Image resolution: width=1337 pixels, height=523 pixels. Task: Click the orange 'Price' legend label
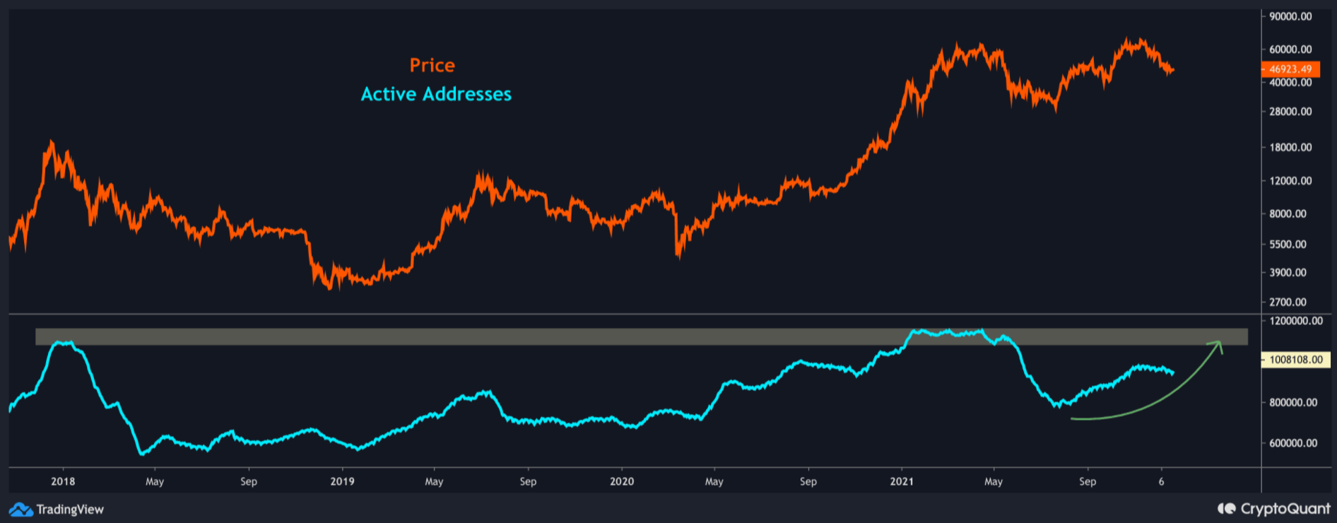coord(432,66)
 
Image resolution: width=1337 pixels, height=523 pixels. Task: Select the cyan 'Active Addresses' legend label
coord(436,95)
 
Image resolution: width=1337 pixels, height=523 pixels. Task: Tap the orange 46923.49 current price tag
coord(1290,69)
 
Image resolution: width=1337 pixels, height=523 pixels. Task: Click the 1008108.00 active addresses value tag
coord(1295,360)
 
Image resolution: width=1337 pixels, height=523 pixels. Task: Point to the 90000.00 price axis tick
coord(1290,16)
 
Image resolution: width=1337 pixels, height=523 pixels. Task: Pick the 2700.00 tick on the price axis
coord(1288,302)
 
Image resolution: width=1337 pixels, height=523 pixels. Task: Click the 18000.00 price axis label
coord(1290,147)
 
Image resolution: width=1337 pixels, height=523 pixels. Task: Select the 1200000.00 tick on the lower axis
coord(1295,321)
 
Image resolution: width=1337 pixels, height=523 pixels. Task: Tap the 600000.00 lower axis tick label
coord(1293,443)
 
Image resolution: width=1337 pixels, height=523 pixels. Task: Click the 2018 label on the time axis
coord(63,481)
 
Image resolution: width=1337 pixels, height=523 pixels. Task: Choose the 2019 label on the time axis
coord(342,481)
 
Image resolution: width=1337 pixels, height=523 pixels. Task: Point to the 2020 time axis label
coord(622,481)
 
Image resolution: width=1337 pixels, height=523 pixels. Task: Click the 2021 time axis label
coord(901,481)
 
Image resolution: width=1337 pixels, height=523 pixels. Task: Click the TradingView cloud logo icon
coord(20,510)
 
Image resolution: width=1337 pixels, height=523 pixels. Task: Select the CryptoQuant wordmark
coord(1285,509)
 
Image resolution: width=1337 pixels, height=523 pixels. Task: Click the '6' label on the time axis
coord(1161,481)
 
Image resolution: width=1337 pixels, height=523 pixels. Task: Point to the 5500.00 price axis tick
coord(1288,245)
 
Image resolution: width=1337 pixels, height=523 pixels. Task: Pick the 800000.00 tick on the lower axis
coord(1293,403)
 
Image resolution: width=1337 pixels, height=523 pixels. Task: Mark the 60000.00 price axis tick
coord(1290,49)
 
